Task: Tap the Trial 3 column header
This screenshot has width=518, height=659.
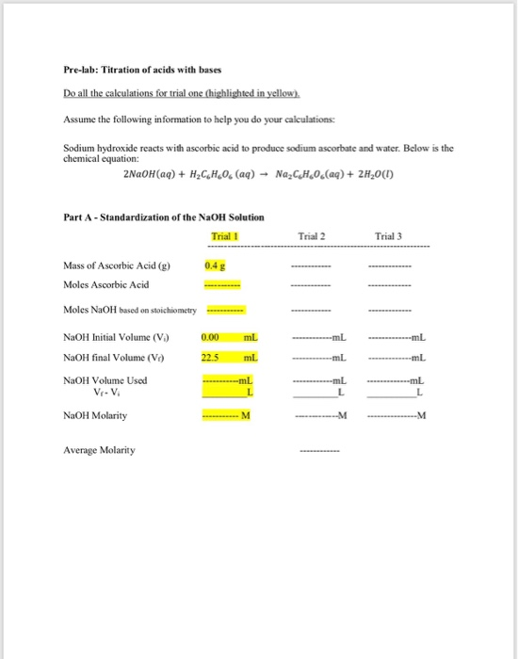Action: tap(388, 236)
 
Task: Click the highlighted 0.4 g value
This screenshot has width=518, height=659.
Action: tap(213, 266)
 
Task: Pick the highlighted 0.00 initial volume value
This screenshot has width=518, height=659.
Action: tap(211, 336)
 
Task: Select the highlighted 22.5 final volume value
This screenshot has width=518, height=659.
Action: tap(211, 357)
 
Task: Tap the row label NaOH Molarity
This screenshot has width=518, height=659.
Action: tap(95, 414)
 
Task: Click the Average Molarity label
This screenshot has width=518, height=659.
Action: tap(99, 450)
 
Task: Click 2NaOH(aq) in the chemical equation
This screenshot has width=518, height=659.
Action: tap(154, 173)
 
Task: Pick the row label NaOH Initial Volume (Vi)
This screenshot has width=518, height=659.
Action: tap(109, 336)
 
